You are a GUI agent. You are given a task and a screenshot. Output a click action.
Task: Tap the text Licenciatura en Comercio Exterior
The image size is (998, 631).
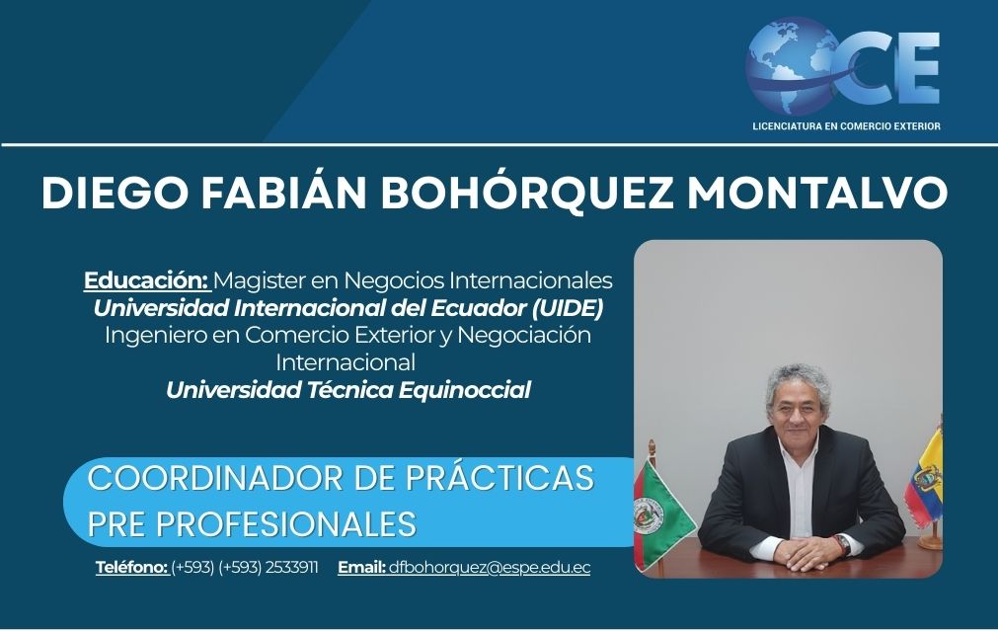pos(846,126)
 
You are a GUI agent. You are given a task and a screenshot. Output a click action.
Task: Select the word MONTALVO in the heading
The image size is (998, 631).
pos(818,192)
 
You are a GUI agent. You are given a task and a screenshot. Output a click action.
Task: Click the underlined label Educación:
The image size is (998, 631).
pos(146,280)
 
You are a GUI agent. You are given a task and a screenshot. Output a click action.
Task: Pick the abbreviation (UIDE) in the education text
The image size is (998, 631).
pos(568,308)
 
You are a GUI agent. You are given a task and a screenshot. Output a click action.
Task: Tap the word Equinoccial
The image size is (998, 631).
pos(465,390)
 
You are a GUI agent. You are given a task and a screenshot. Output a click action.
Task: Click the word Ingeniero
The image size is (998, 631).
pos(156,336)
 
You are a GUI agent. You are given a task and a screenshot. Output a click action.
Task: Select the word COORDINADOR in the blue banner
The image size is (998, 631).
pos(216,478)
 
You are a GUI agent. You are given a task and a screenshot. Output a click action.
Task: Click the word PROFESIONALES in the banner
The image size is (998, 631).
pos(286,524)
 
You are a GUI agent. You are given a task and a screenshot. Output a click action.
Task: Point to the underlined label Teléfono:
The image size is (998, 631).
pos(131,568)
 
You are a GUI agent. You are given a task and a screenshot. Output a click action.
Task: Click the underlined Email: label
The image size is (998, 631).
pos(361,568)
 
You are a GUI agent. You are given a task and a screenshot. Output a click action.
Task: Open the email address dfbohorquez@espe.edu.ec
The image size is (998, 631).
pos(490,568)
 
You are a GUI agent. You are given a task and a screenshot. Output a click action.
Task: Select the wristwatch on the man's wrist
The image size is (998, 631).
pos(842,545)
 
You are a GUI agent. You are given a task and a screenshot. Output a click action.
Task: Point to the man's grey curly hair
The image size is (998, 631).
pos(799,380)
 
